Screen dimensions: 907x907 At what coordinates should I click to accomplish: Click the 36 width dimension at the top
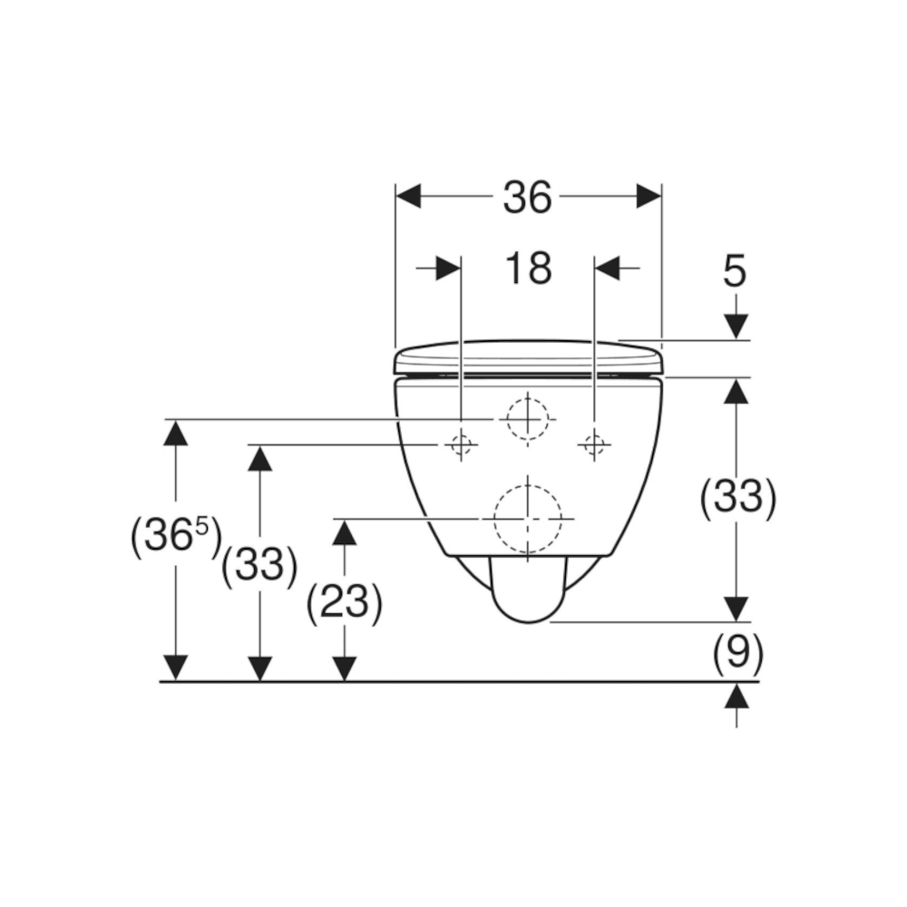click(x=527, y=197)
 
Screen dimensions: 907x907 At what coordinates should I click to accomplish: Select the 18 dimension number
click(x=528, y=268)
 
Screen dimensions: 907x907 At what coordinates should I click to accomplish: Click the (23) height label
click(x=344, y=603)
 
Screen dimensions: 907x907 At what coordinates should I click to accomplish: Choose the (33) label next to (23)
click(x=259, y=565)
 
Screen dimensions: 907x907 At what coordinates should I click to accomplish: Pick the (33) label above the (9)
click(x=737, y=497)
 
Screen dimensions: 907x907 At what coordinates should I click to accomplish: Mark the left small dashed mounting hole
click(x=461, y=444)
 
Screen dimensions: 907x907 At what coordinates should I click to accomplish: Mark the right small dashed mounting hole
click(x=594, y=444)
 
